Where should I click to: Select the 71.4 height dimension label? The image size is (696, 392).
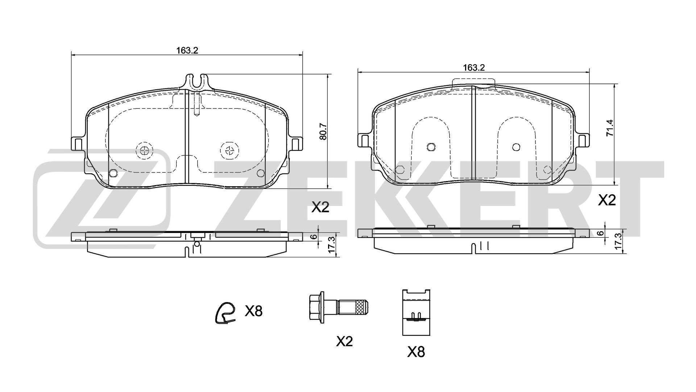610,127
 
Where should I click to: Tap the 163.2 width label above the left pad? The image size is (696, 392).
187,50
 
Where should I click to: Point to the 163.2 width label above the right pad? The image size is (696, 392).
474,67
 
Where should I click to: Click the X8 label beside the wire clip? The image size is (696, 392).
253,311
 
